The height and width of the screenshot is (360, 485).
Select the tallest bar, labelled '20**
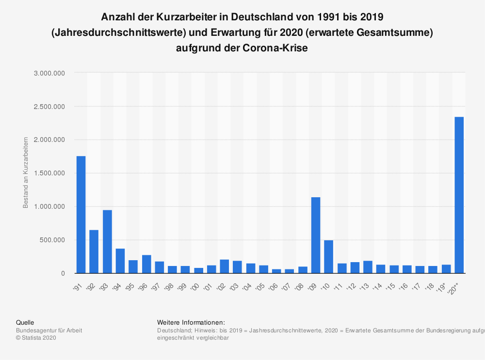coord(459,195)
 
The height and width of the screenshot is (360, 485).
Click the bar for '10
coord(328,256)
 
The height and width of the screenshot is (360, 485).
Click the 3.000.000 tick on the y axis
coord(49,73)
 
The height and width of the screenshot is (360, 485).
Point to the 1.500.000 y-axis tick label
coord(49,173)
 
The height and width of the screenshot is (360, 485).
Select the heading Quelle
coord(25,322)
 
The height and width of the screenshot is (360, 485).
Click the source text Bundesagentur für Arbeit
coord(49,330)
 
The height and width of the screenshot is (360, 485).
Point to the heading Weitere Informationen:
coord(191,322)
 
